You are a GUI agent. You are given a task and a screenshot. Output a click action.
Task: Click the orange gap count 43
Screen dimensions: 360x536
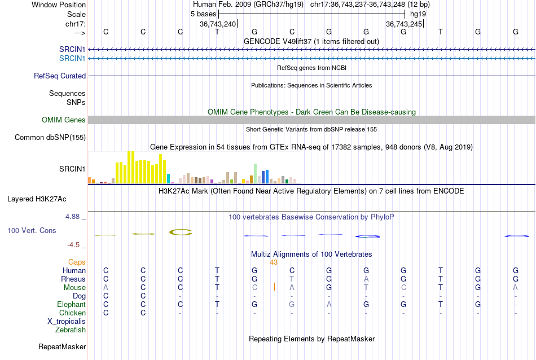(274, 262)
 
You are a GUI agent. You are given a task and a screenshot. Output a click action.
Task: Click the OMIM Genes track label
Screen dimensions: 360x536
(63, 120)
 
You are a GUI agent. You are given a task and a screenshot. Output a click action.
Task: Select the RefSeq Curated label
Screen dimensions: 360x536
(60, 76)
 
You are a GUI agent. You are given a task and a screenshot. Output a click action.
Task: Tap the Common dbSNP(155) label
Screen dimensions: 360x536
(50, 137)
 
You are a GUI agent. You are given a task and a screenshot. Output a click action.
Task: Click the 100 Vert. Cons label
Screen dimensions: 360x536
(32, 231)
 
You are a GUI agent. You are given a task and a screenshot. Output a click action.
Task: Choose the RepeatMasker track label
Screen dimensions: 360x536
(61, 346)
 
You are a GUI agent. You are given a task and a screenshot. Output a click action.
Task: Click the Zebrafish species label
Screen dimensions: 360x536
(71, 330)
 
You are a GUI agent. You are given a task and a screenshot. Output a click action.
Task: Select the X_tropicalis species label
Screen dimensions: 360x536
(67, 321)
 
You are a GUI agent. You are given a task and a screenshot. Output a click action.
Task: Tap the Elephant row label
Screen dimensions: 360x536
(71, 304)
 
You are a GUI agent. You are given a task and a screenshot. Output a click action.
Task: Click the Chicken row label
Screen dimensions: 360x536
(72, 313)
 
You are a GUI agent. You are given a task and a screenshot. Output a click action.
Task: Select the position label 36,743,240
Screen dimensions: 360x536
(218, 24)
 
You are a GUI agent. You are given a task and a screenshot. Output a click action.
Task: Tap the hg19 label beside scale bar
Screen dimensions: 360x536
(418, 14)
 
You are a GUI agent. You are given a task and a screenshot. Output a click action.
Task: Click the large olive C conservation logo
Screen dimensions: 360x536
(181, 232)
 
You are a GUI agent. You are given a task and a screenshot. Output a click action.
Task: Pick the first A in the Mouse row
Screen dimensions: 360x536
(106, 287)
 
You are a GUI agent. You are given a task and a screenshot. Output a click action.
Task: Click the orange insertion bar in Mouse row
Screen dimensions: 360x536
(274, 287)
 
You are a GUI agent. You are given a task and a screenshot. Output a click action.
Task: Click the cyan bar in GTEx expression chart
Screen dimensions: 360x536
(169, 178)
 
